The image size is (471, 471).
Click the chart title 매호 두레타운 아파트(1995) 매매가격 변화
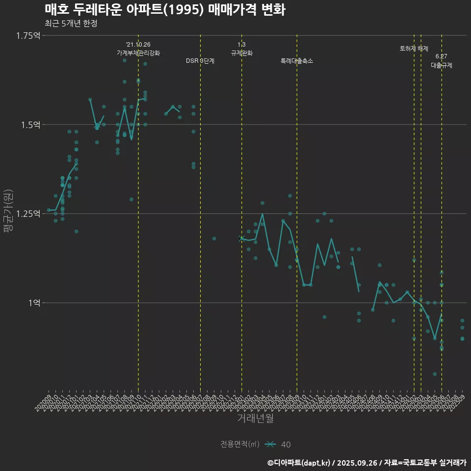coord(165,10)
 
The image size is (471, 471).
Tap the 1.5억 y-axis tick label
coord(31,125)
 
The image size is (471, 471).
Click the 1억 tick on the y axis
coord(34,303)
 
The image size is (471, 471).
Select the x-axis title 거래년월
coord(255,418)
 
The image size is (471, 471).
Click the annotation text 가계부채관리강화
coord(138,53)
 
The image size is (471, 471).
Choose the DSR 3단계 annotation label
coord(200,61)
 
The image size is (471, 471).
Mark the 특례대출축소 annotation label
coord(297,61)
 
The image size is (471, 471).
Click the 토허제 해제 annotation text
coord(414,49)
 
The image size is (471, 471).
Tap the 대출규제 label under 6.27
coord(442,65)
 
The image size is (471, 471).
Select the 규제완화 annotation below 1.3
coord(241,53)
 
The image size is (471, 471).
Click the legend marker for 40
coord(270,445)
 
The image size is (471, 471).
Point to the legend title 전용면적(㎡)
coord(240,445)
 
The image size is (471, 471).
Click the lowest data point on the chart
coord(435,374)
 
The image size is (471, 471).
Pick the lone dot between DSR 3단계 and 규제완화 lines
coord(214,238)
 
